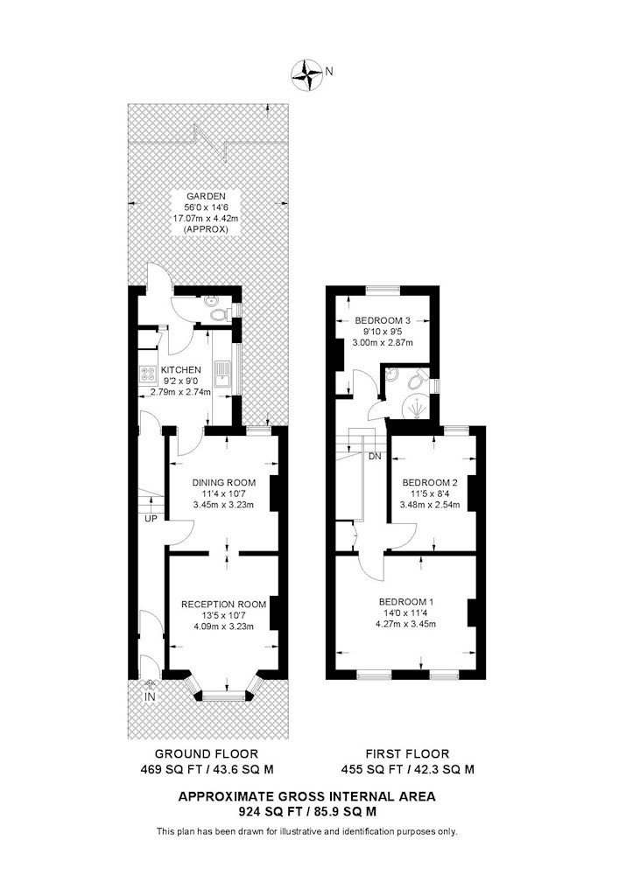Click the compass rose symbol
pos(306,73)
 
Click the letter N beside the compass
pos(329,71)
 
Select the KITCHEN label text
pos(181,370)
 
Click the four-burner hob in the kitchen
pos(148,374)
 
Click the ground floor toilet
pos(220,315)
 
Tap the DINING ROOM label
pos(224,483)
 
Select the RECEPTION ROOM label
pos(224,605)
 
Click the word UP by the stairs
pos(151,518)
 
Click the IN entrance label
pos(150,697)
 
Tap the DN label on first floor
pos(375,457)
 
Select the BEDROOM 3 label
pos(383,320)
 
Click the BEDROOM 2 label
pos(430,483)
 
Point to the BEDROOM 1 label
pos(405,602)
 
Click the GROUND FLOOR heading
pos(207,754)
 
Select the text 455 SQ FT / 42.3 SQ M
pos(408,769)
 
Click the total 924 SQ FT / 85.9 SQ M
pos(307,811)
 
